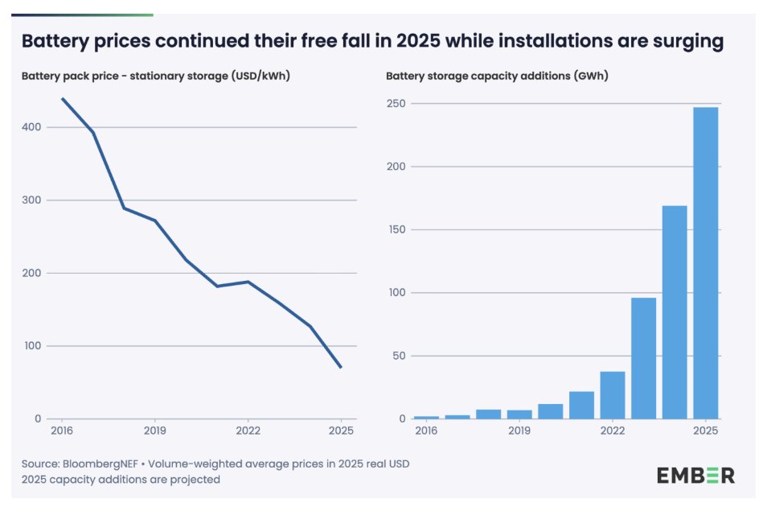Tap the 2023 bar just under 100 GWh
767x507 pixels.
[x=643, y=358]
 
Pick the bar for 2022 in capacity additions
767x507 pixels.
[x=613, y=395]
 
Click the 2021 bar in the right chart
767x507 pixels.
[x=581, y=405]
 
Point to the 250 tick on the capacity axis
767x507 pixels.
[x=396, y=104]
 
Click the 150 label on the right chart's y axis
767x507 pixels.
[x=396, y=230]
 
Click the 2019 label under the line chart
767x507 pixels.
[x=154, y=431]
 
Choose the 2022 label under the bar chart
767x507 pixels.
[x=613, y=431]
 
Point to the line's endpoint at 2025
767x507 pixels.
[x=341, y=367]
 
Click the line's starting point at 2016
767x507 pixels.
[x=62, y=99]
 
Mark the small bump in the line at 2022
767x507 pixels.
[x=248, y=282]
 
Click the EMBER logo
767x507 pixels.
[x=695, y=475]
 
